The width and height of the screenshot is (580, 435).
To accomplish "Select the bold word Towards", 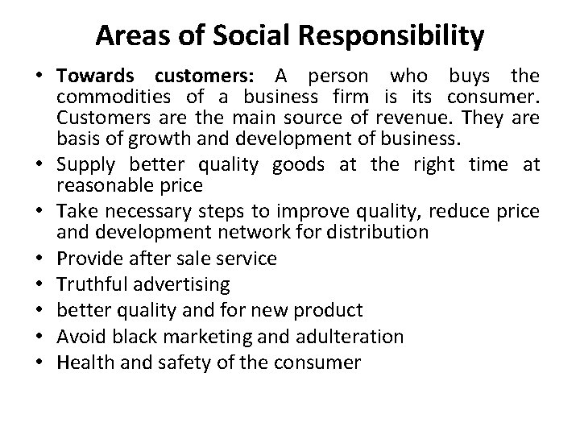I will (x=98, y=77).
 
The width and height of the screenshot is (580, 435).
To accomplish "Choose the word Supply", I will (x=83, y=165).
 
